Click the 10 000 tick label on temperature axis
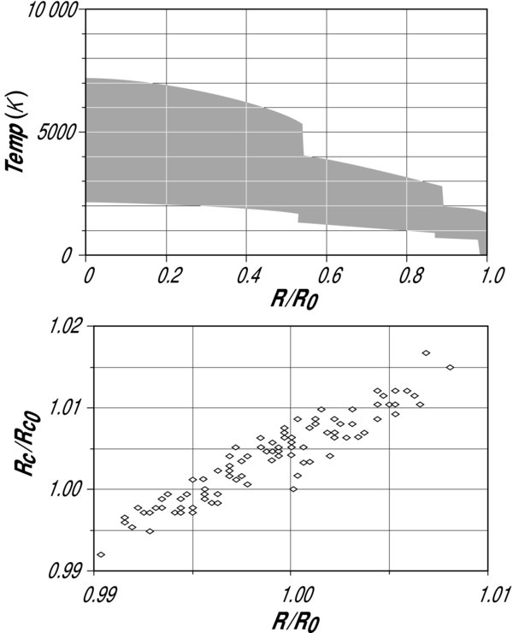coord(48,11)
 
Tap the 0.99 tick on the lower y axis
coord(70,570)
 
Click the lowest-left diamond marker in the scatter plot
coord(102,554)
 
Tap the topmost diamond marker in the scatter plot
coord(426,352)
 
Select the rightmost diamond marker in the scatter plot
coord(451,367)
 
